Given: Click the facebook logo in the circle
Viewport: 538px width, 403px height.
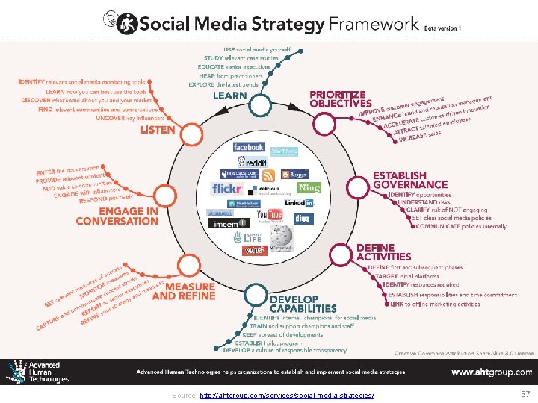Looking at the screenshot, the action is tap(248, 148).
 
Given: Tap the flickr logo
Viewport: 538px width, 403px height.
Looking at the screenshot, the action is tap(227, 188).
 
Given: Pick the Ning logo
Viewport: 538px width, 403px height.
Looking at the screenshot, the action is tap(309, 188).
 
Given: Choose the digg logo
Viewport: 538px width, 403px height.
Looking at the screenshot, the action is tap(301, 219).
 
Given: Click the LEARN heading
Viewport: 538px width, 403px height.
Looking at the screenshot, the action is tap(229, 96).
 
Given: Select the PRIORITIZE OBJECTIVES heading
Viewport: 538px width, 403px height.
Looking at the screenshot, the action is tap(340, 99).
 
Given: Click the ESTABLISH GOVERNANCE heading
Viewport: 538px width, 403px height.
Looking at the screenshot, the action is tap(410, 180).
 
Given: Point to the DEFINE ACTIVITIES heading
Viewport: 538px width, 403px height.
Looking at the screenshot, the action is tap(384, 252).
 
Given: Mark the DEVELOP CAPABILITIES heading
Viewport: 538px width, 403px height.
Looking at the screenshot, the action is tap(303, 304).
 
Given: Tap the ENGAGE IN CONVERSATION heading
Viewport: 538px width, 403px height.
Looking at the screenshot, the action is tap(117, 216).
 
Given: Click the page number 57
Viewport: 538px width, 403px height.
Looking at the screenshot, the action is tap(524, 393).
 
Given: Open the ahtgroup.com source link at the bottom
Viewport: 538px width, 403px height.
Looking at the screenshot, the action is tap(287, 394).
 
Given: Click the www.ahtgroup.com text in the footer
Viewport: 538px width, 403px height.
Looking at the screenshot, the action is tap(492, 372).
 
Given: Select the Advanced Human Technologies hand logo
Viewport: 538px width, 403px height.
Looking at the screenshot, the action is tap(16, 371).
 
